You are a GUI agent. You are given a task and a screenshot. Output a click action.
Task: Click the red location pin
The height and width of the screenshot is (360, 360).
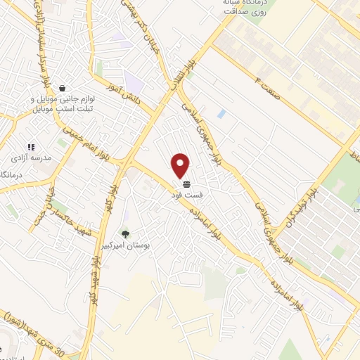(x=181, y=165)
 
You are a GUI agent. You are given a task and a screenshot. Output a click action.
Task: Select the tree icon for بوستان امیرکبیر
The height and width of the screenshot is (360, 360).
(x=126, y=234)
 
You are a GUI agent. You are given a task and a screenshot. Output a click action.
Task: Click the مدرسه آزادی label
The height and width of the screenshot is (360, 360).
(x=32, y=158)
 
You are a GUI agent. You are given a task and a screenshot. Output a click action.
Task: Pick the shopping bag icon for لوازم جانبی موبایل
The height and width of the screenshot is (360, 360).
(x=63, y=89)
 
